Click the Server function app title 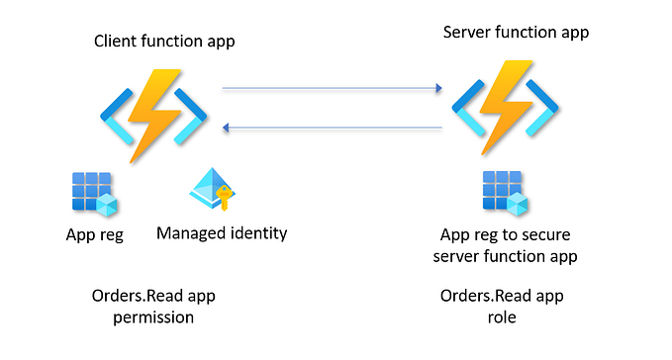click(x=515, y=33)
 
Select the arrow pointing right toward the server click(x=331, y=89)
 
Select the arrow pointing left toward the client click(x=331, y=128)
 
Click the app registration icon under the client click(x=95, y=192)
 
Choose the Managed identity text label click(x=222, y=234)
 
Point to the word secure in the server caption click(x=543, y=235)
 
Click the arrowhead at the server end click(x=436, y=89)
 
